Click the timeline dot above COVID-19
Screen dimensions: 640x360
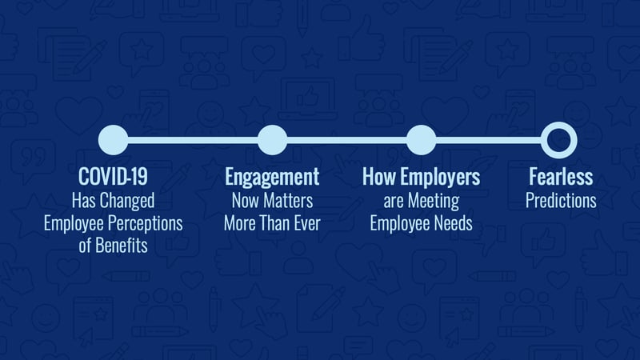(x=113, y=140)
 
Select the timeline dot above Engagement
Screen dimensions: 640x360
(x=272, y=140)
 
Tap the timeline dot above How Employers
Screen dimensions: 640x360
(x=422, y=140)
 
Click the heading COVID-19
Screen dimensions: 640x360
(x=113, y=177)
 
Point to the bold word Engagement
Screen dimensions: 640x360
(x=272, y=178)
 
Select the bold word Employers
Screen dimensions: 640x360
(x=441, y=178)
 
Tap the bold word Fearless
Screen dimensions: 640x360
(x=561, y=177)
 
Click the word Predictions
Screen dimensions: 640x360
(x=561, y=201)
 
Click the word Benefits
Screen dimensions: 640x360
(x=122, y=246)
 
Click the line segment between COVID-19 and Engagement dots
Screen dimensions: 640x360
(x=193, y=141)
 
